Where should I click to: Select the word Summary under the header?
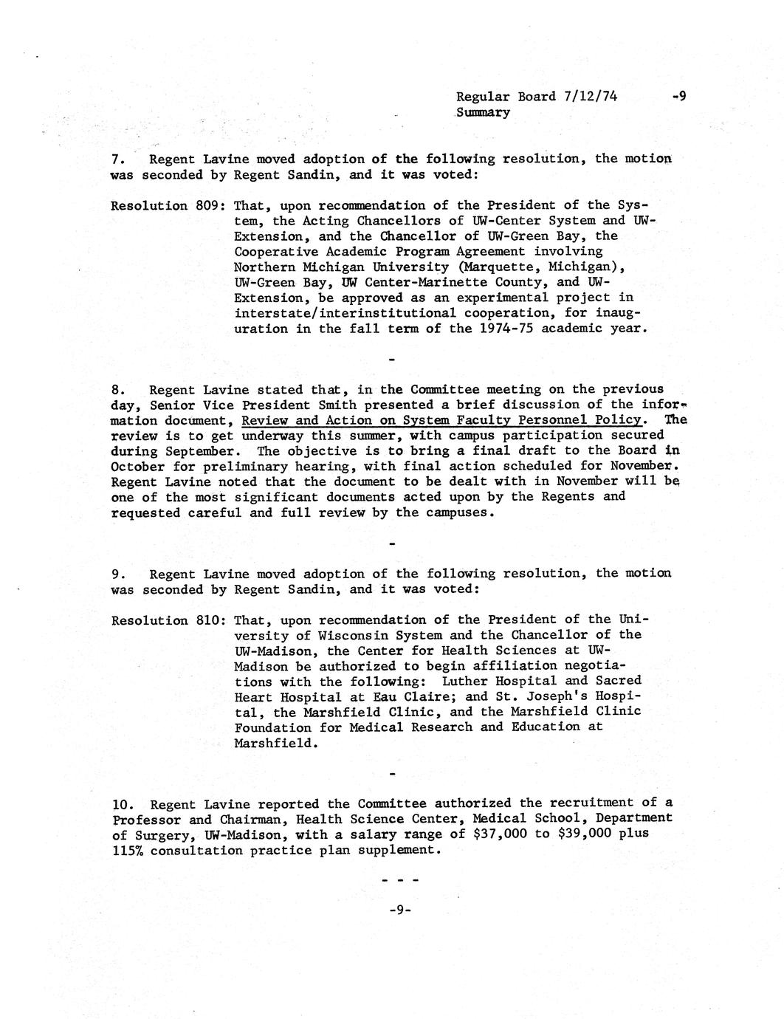pos(483,112)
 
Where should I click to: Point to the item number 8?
pos(117,390)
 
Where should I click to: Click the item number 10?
pos(121,803)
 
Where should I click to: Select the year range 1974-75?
pos(503,329)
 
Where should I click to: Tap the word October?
pos(137,466)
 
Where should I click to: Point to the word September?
pos(201,450)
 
